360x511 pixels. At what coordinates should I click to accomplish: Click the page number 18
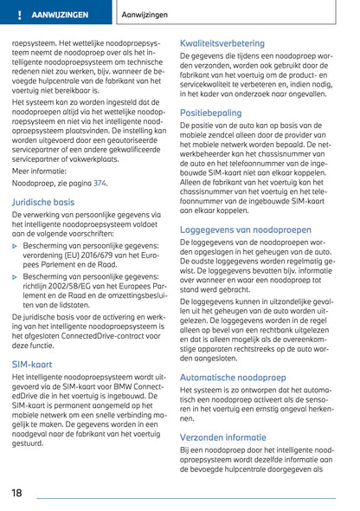17,493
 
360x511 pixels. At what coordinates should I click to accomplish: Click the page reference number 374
100,184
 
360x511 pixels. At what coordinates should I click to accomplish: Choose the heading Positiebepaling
210,137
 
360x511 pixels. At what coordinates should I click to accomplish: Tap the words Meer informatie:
38,171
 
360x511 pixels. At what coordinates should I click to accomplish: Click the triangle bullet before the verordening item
16,247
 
